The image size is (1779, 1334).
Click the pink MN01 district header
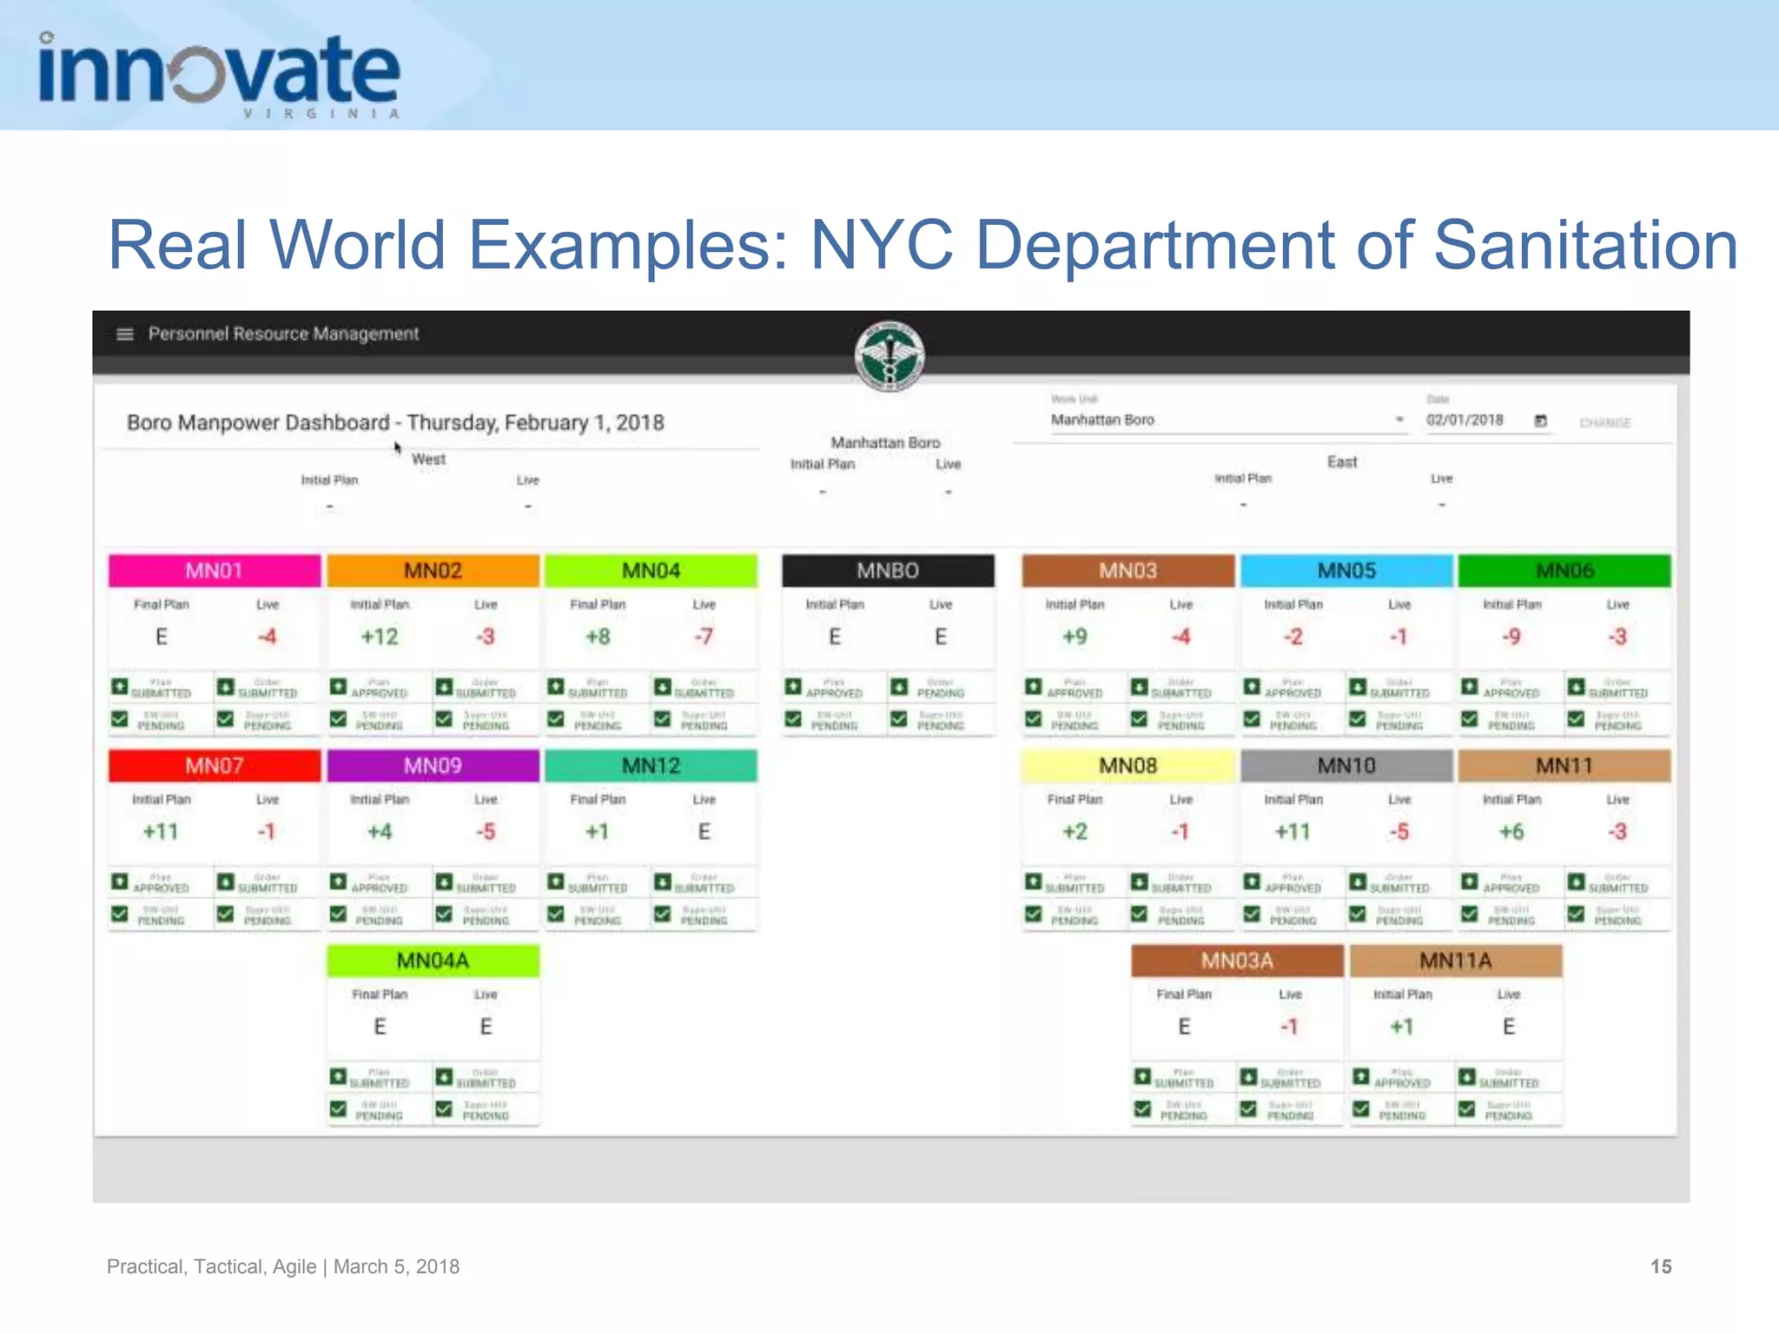click(x=214, y=571)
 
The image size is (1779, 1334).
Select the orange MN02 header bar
click(x=433, y=571)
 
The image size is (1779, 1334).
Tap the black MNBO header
click(x=887, y=571)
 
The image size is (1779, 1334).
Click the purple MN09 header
click(x=433, y=766)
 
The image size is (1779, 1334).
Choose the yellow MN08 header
click(x=1128, y=766)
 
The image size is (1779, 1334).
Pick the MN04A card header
click(x=433, y=961)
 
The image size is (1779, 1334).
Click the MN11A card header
click(x=1455, y=961)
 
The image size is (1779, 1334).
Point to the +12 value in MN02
click(x=380, y=637)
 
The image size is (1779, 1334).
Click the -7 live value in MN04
click(x=704, y=637)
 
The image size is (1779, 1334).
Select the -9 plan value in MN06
click(x=1511, y=637)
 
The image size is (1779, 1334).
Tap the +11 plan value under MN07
click(x=161, y=832)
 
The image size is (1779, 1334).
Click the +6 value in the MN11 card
click(x=1511, y=832)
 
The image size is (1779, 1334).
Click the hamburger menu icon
click(x=125, y=334)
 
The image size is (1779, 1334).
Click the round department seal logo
click(x=889, y=356)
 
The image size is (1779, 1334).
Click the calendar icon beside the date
click(x=1540, y=421)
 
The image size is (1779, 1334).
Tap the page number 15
click(x=1660, y=1266)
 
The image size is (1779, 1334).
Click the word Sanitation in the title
click(x=1584, y=245)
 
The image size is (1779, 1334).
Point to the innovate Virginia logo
click(x=219, y=75)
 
